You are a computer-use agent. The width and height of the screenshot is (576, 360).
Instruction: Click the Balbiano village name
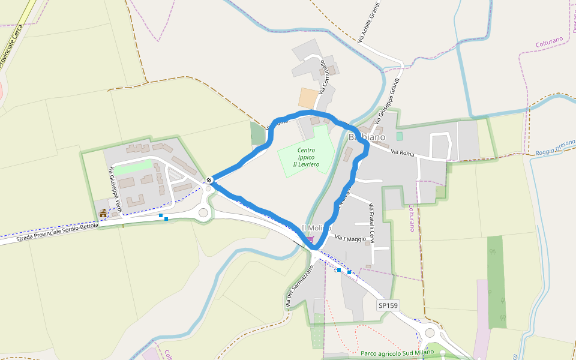pyautogui.click(x=367, y=137)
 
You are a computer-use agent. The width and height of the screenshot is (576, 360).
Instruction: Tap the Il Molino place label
pyautogui.click(x=316, y=228)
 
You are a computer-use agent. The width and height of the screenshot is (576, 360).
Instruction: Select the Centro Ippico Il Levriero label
pyautogui.click(x=306, y=157)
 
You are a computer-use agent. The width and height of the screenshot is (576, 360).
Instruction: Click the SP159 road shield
pyautogui.click(x=388, y=305)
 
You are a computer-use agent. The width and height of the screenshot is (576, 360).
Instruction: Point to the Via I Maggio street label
pyautogui.click(x=350, y=239)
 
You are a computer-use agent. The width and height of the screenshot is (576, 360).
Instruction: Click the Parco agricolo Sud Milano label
pyautogui.click(x=397, y=353)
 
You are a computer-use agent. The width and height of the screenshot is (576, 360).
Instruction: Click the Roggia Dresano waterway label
pyautogui.click(x=555, y=148)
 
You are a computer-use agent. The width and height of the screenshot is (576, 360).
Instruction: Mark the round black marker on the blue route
pyautogui.click(x=209, y=179)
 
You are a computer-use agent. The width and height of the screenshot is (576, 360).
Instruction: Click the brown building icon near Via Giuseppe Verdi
pyautogui.click(x=103, y=213)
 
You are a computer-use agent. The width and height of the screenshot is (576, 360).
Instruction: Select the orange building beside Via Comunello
pyautogui.click(x=308, y=98)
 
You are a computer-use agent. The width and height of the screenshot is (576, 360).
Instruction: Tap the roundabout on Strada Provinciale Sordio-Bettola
pyautogui.click(x=203, y=212)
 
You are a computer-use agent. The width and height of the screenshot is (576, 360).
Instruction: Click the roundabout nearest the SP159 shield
pyautogui.click(x=429, y=334)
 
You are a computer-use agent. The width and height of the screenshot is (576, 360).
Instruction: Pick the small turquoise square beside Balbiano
pyautogui.click(x=400, y=136)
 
